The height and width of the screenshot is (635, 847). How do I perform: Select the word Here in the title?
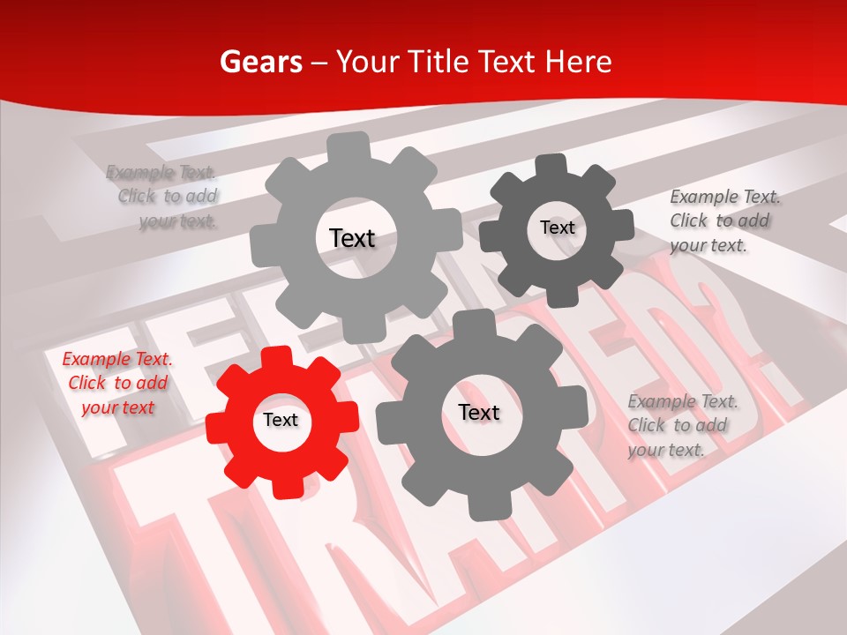pyautogui.click(x=579, y=62)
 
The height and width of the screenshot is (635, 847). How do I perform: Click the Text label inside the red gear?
pyautogui.click(x=281, y=420)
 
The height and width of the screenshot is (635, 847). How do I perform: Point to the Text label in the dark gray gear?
pyautogui.click(x=557, y=228)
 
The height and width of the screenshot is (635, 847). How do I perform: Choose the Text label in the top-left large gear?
pyautogui.click(x=352, y=238)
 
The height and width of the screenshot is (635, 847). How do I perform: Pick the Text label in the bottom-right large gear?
pyautogui.click(x=479, y=412)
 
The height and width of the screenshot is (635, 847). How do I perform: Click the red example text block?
pyautogui.click(x=117, y=384)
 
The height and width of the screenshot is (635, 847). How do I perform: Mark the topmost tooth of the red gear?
pyautogui.click(x=281, y=356)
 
